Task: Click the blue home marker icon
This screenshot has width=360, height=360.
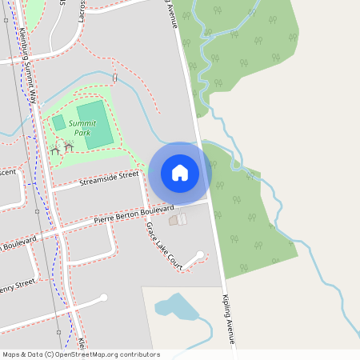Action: click(180, 172)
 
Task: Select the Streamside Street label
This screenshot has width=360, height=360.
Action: click(109, 179)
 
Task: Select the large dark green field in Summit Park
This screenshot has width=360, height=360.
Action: click(94, 124)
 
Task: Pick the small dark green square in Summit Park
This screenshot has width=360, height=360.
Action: click(58, 122)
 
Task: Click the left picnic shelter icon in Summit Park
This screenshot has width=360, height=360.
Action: click(55, 150)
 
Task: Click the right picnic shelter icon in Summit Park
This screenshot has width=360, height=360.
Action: click(69, 146)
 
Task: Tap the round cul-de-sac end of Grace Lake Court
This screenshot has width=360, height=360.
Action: click(199, 255)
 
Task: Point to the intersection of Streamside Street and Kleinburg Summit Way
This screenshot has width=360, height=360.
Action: click(47, 190)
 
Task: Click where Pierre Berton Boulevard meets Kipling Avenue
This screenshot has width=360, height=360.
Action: click(210, 202)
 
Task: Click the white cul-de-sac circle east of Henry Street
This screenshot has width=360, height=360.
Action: click(104, 298)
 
